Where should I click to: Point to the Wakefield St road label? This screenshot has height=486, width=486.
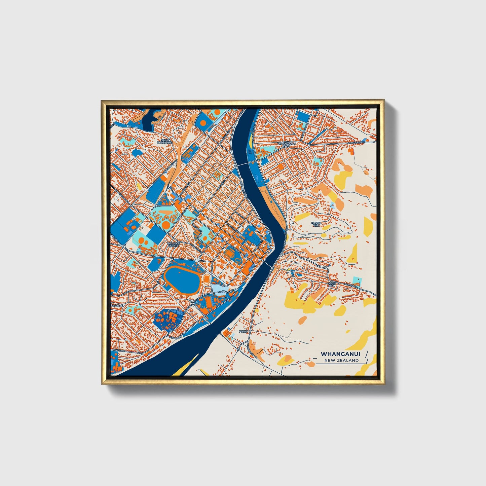(357, 143)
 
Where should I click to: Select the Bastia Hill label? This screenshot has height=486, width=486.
(316, 224)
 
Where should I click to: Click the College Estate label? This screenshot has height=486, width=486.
(174, 245)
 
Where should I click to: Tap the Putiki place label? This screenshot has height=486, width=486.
(243, 331)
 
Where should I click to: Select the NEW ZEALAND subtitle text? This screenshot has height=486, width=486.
(341, 360)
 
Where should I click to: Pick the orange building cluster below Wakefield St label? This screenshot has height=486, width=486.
(351, 152)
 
